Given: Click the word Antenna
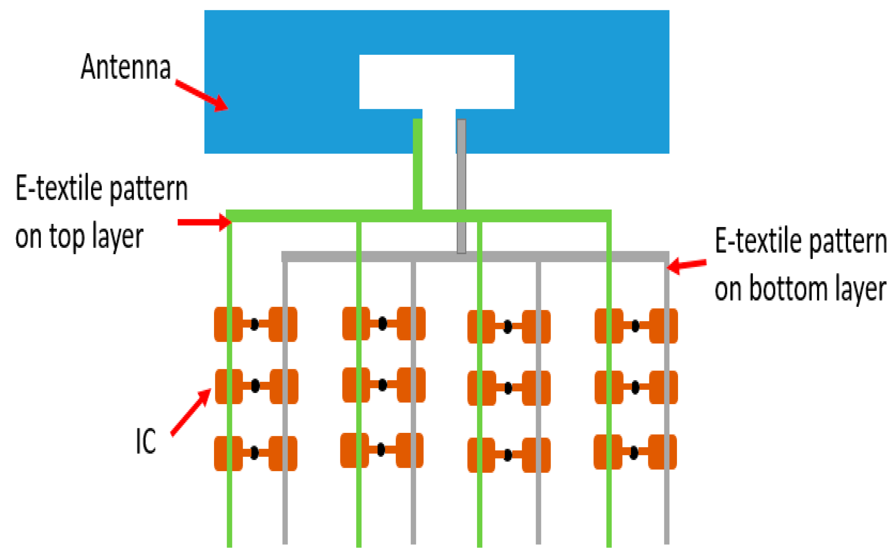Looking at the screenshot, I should (126, 67).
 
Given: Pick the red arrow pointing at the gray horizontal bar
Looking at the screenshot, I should (687, 265).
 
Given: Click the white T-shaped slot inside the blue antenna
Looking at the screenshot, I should (436, 82).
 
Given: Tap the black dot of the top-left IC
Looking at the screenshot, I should (255, 324).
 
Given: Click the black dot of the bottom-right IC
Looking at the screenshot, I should (634, 453).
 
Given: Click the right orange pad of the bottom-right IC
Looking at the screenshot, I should (662, 452).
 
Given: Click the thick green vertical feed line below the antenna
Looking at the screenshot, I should (418, 165).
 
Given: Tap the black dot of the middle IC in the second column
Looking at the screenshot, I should (382, 385).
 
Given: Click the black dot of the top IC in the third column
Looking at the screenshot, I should (508, 327).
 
